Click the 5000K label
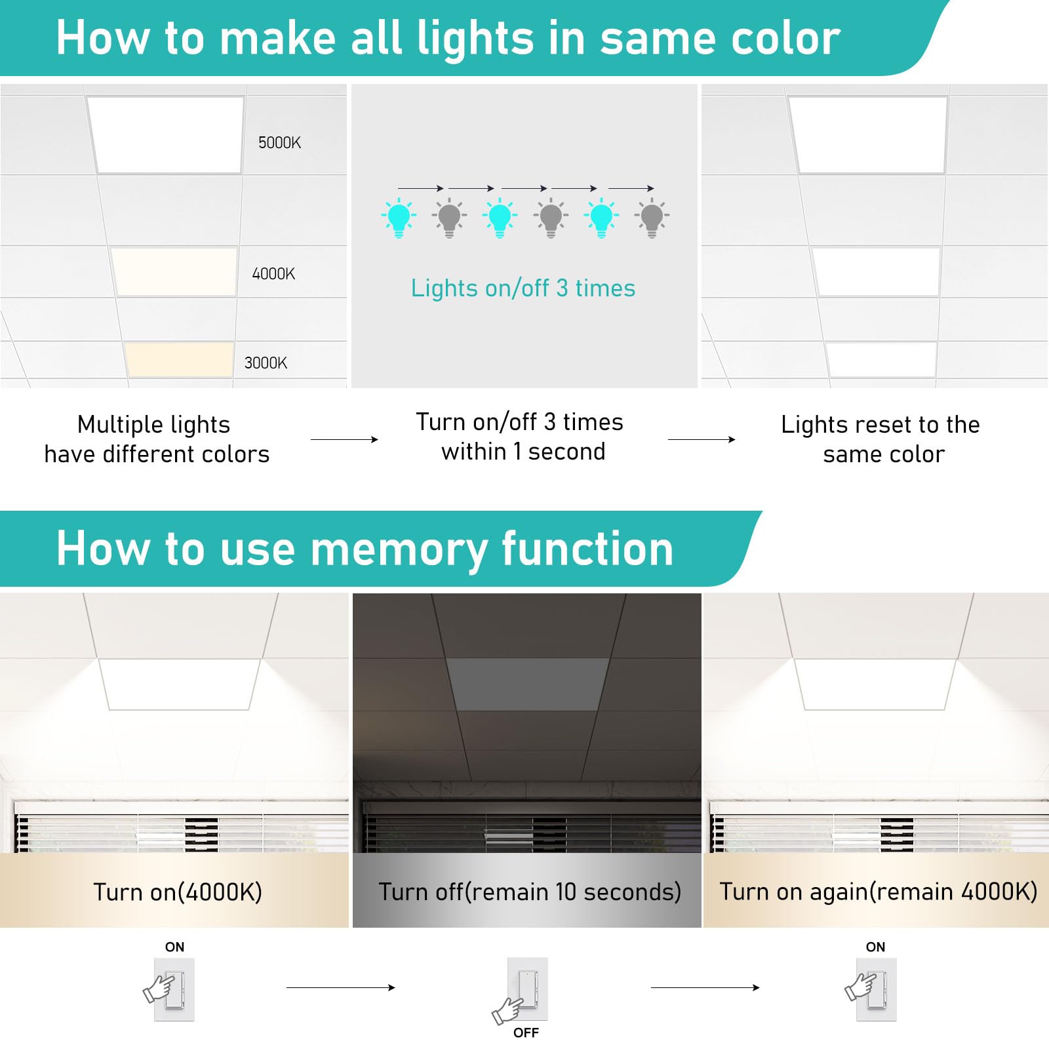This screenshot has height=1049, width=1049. (x=279, y=143)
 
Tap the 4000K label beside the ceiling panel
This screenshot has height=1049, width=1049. (x=273, y=274)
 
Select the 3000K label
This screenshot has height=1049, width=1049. (x=266, y=363)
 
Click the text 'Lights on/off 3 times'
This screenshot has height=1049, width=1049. (x=523, y=288)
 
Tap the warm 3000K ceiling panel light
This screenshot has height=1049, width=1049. (x=179, y=359)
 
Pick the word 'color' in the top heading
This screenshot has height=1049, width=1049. (x=785, y=38)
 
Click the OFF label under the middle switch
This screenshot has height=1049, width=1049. (x=526, y=1033)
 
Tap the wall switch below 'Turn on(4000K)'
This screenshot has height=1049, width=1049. (x=174, y=989)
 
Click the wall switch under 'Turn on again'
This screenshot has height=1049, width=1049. (x=875, y=989)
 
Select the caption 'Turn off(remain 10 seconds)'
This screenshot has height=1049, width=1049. (x=529, y=892)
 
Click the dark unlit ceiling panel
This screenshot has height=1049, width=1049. (x=528, y=684)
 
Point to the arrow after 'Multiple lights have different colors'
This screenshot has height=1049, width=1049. (x=344, y=439)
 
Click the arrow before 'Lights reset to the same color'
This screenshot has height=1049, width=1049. (x=702, y=439)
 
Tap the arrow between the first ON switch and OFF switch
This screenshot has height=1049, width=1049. (x=341, y=987)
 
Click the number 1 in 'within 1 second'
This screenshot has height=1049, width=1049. (x=517, y=452)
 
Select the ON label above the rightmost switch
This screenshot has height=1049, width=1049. (x=875, y=947)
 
